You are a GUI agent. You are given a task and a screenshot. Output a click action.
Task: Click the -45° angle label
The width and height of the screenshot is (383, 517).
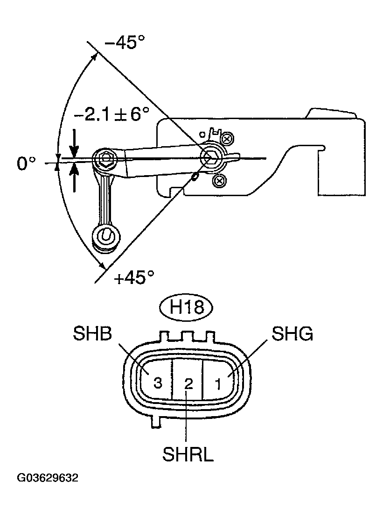pos(125,43)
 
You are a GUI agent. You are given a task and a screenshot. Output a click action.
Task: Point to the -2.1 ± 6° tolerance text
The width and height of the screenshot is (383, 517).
pos(111,113)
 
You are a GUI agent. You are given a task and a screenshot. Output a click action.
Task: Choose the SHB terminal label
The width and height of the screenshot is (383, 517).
pos(92,334)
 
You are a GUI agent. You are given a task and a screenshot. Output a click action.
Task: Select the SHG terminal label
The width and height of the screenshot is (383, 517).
pos(292,334)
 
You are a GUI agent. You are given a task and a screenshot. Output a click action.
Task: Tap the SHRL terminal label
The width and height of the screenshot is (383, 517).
pos(188,454)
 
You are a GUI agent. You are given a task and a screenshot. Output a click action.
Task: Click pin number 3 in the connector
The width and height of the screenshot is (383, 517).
pos(158,383)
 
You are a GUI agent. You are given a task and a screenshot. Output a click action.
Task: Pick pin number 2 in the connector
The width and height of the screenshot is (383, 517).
pos(188,384)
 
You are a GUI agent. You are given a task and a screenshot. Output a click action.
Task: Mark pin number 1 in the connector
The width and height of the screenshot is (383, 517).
pos(218,384)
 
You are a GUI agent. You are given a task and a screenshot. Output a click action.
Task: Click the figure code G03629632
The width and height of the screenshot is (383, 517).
pos(48,478)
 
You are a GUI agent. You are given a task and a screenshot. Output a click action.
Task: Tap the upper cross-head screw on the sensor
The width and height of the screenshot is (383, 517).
pos(227,139)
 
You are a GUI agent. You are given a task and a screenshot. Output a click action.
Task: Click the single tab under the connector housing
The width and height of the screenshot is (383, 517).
pos(156,421)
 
